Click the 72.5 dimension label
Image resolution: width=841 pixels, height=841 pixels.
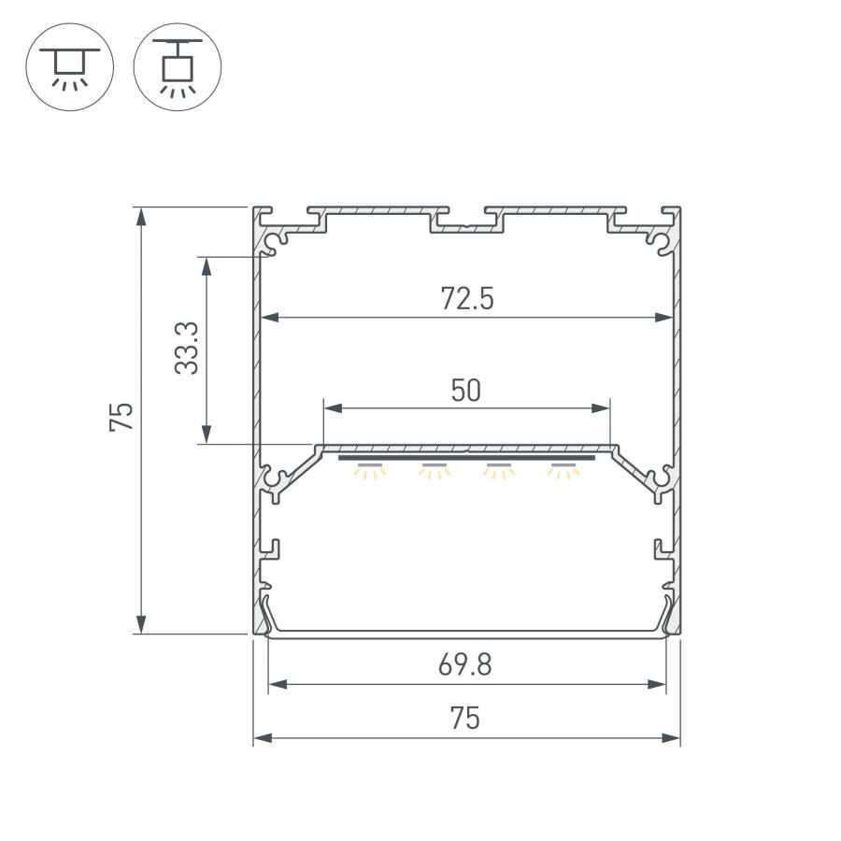[x=466, y=299]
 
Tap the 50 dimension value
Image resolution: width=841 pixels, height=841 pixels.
[x=465, y=391]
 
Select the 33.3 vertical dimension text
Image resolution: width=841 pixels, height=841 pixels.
[x=187, y=349]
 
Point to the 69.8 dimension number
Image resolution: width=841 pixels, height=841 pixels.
[x=465, y=664]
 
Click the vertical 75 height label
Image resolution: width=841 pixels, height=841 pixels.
[x=121, y=416]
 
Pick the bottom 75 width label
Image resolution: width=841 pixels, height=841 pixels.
[x=465, y=719]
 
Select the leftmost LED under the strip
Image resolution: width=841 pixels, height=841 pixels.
[x=369, y=470]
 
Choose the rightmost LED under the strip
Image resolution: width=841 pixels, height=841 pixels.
[x=563, y=470]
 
